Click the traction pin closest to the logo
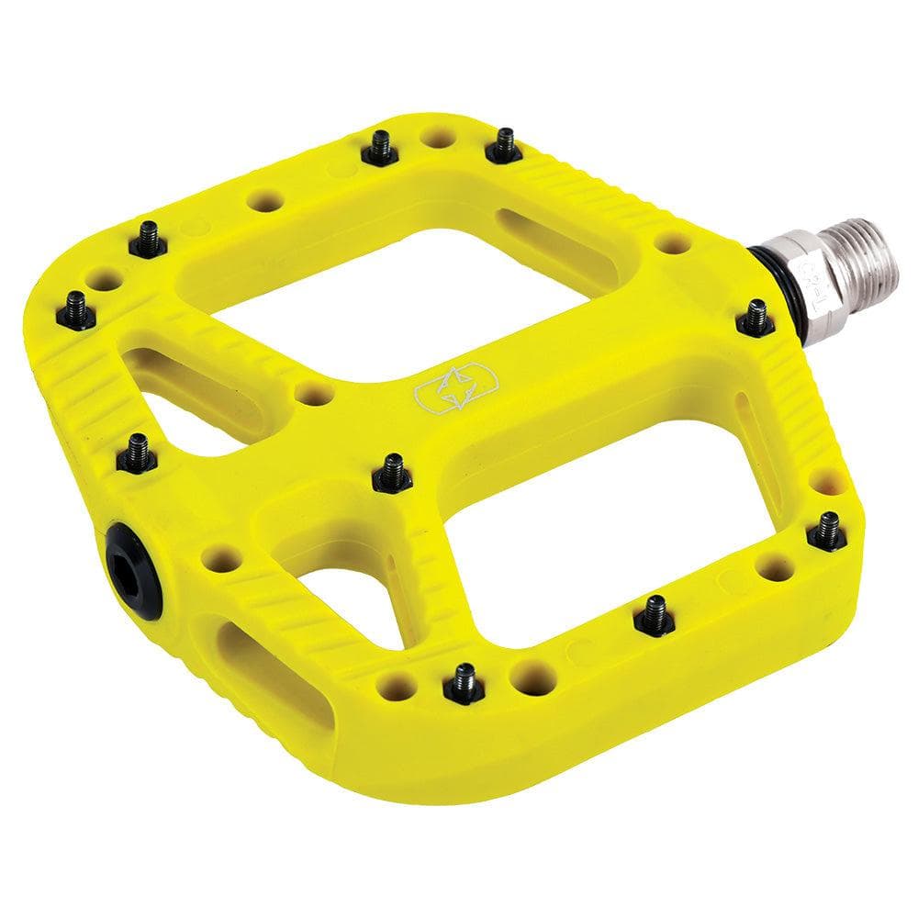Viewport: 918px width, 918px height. [x=392, y=472]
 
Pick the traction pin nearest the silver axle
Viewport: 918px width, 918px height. [x=756, y=318]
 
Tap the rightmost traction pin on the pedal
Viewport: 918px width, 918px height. [x=827, y=531]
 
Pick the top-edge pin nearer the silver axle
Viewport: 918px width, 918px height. [x=504, y=144]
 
